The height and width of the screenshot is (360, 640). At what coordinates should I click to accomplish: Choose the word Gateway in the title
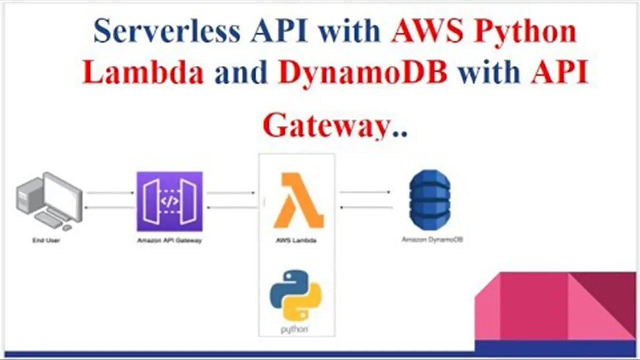tap(326, 126)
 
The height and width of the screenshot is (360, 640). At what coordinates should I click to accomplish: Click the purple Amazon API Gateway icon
tap(170, 201)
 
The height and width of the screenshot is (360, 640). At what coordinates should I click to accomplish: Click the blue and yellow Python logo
tap(296, 295)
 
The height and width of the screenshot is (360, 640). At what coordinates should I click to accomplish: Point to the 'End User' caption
tap(46, 240)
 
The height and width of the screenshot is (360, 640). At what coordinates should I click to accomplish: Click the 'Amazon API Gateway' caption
tap(170, 240)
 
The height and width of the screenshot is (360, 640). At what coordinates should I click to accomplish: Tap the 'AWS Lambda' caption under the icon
tap(296, 240)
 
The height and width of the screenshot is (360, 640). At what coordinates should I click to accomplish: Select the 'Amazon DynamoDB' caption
tap(432, 240)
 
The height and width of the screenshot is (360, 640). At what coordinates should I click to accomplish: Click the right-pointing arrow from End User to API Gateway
tap(110, 192)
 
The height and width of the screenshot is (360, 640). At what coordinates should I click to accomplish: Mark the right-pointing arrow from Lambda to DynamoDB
tap(365, 192)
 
